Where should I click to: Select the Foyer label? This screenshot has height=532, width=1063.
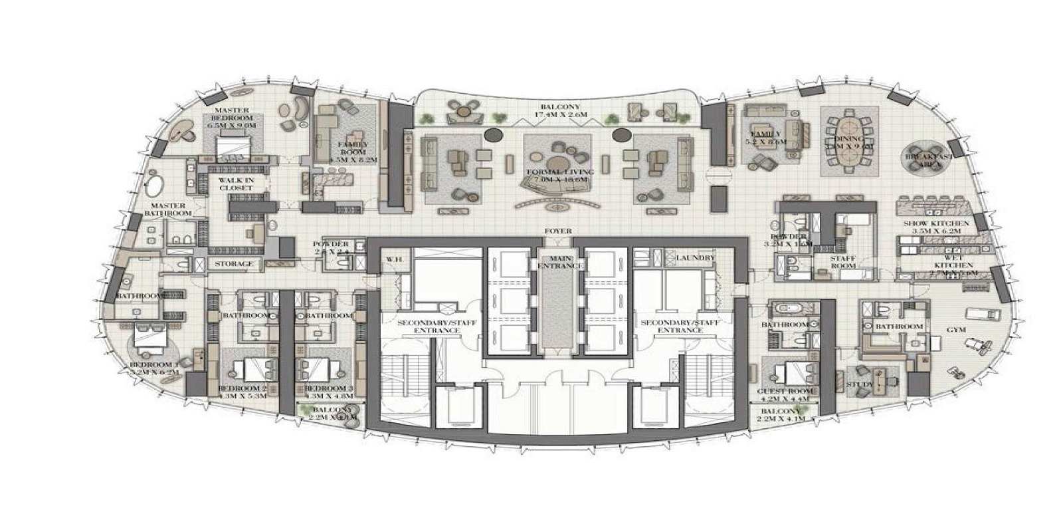[x=557, y=231]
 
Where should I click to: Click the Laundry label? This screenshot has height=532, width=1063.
[x=694, y=258]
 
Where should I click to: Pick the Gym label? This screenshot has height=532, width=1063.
[x=957, y=329]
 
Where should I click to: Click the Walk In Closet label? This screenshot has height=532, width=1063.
[x=236, y=184]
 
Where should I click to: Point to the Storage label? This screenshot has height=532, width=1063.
[x=234, y=264]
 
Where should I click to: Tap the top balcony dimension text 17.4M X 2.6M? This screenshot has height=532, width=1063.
[x=560, y=114]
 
